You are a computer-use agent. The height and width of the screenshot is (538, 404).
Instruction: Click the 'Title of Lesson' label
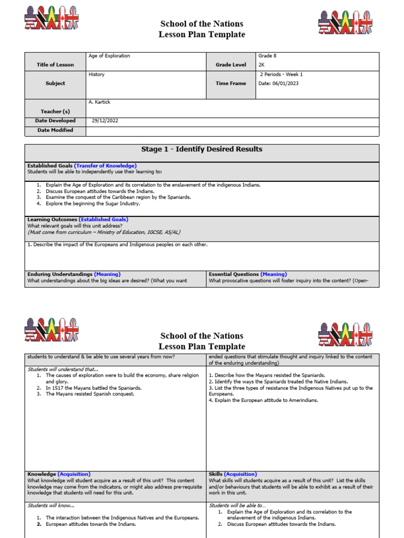click(55, 65)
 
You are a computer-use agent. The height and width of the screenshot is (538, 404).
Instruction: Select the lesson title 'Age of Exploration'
click(109, 56)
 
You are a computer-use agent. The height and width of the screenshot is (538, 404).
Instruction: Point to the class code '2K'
click(262, 65)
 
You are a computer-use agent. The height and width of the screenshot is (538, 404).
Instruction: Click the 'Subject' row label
click(55, 83)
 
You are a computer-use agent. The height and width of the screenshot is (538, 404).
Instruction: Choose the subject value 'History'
click(97, 75)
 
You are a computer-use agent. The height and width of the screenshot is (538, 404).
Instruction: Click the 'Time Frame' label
click(230, 83)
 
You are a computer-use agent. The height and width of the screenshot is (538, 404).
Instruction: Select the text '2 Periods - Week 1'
click(281, 75)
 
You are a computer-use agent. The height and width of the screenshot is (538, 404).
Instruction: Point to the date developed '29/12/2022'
click(105, 120)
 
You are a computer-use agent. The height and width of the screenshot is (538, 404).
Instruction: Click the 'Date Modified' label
click(55, 130)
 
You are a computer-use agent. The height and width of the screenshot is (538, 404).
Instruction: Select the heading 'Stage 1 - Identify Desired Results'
click(201, 149)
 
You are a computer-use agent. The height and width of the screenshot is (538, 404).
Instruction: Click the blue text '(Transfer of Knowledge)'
click(105, 165)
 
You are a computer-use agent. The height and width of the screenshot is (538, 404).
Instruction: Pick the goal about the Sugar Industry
click(93, 203)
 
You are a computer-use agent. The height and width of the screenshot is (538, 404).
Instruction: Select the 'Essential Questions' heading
click(234, 274)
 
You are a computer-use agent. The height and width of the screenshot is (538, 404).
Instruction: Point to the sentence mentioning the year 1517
click(94, 388)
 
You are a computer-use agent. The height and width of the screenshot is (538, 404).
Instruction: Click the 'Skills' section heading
click(216, 474)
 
